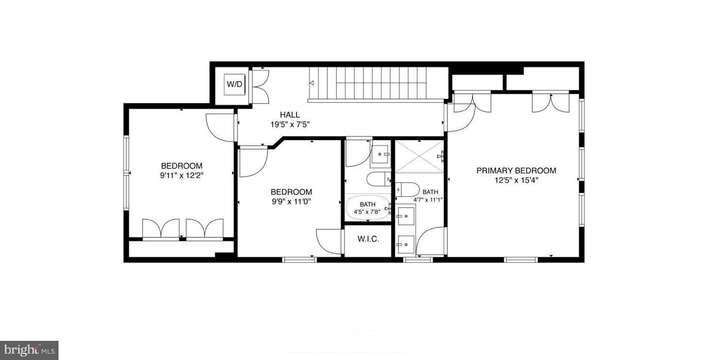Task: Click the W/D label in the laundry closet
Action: [x=235, y=84]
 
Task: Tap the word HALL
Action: [x=290, y=115]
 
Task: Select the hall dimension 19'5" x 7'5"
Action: [x=290, y=124]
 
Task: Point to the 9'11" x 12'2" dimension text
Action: [x=181, y=175]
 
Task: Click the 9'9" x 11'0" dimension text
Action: [x=291, y=201]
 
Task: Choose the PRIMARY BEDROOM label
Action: [x=516, y=171]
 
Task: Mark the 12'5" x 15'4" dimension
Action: [x=516, y=180]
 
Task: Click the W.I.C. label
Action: [x=368, y=239]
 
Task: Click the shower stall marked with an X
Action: [x=419, y=156]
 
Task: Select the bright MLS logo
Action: [x=29, y=350]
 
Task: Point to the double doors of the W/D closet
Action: [x=260, y=87]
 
